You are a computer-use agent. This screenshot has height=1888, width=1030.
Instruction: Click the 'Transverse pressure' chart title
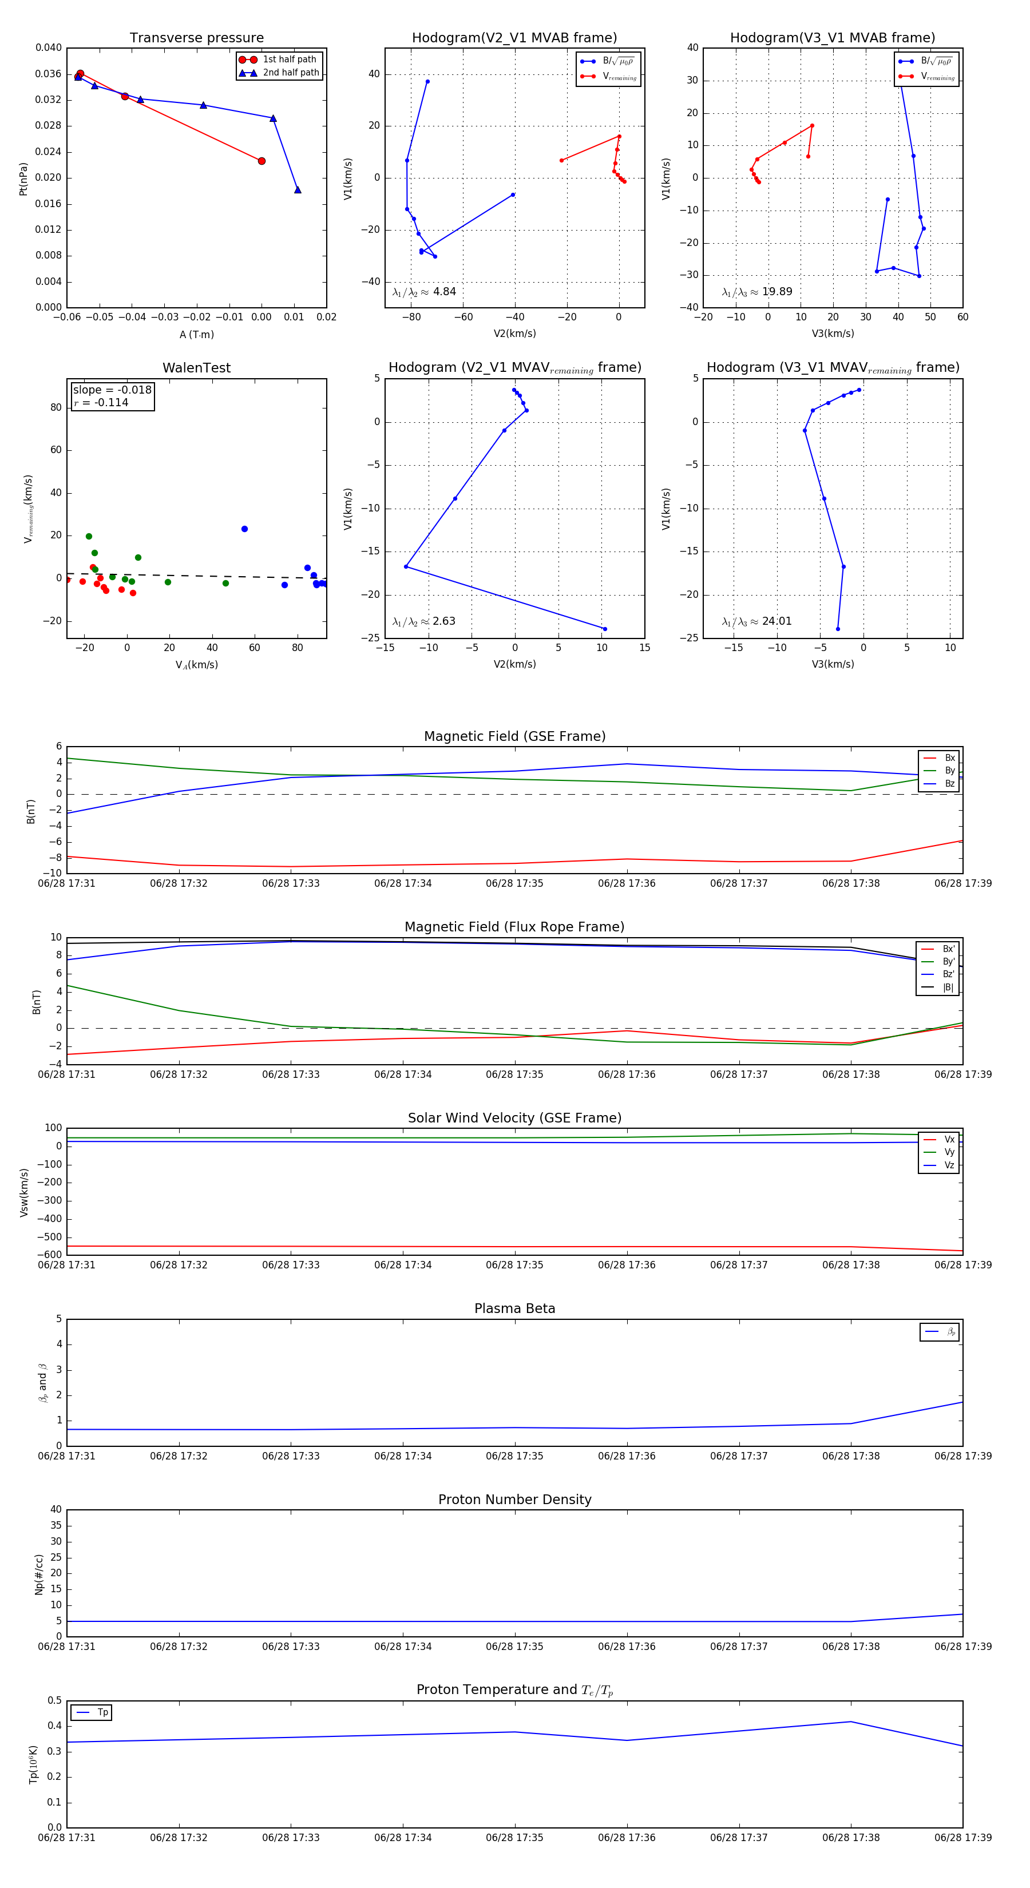coord(196,38)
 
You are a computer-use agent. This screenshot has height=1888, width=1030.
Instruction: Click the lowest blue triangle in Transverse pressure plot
coord(298,190)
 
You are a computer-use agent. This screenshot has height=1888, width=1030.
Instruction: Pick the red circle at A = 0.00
coord(262,161)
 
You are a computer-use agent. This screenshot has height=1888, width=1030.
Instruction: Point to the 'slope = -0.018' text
coord(112,390)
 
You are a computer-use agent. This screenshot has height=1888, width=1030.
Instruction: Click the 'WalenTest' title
coord(196,368)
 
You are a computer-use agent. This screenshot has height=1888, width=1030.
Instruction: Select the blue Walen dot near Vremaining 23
coord(245,529)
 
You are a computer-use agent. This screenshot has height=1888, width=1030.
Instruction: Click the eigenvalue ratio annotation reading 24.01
coord(756,621)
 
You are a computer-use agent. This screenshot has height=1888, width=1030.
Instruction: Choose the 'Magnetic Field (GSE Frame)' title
coord(514,736)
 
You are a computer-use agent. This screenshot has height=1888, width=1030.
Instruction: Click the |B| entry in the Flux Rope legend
coord(947,987)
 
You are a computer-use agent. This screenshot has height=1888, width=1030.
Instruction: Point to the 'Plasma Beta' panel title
coord(514,1308)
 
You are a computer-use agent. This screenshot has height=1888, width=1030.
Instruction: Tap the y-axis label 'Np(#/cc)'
coord(39,1573)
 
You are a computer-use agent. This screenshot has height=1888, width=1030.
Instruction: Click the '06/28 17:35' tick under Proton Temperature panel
coord(514,1838)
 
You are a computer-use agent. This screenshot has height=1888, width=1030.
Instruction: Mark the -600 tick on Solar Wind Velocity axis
coord(52,1255)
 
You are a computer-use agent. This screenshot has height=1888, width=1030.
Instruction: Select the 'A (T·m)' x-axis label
coord(196,335)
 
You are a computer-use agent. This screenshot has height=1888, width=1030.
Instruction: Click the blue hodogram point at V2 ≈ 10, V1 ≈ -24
coord(605,629)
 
